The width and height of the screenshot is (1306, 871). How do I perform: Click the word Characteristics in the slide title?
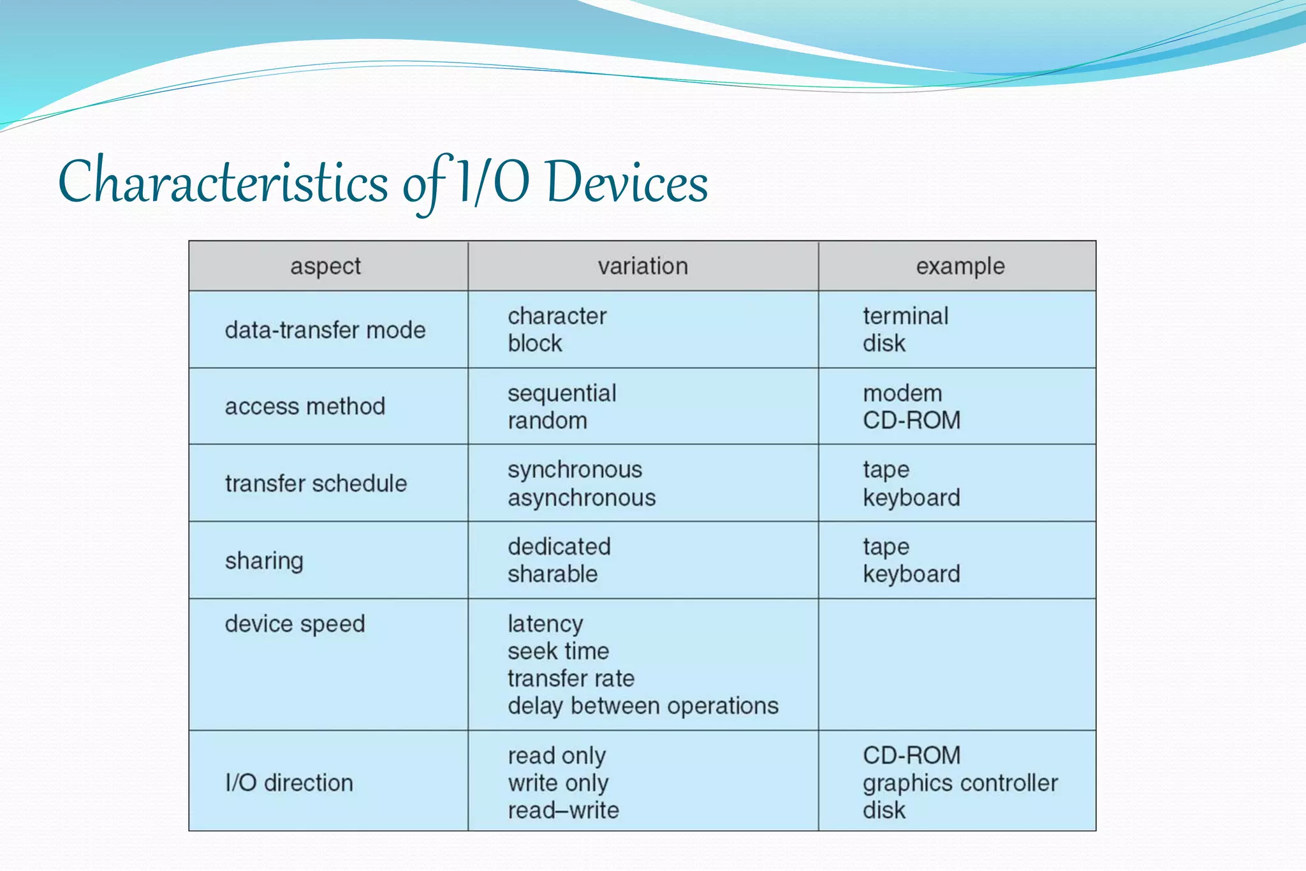tap(223, 182)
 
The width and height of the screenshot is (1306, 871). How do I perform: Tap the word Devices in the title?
tap(627, 182)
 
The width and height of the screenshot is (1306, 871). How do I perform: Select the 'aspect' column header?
tap(325, 266)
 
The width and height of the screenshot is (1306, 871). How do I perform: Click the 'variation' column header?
tap(643, 266)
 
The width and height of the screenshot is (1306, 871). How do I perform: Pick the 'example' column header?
tap(960, 266)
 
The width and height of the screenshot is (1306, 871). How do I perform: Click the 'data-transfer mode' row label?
tap(325, 330)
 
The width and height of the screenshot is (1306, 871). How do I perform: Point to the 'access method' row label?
tap(305, 406)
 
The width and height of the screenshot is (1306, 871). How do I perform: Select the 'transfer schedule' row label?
tap(316, 484)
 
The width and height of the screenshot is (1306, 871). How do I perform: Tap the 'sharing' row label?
tap(264, 561)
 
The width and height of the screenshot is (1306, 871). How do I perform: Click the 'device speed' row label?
tap(295, 623)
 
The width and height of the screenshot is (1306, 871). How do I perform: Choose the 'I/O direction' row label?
tap(289, 783)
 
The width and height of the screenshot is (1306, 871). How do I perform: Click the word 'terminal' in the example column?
tap(906, 316)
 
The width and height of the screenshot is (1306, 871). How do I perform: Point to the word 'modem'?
tap(902, 393)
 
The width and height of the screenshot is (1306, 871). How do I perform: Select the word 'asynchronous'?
tap(582, 498)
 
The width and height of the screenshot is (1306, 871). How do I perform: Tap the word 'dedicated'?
tap(559, 547)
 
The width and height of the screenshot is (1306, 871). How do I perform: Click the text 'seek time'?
tap(558, 651)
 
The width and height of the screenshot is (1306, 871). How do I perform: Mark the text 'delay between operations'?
tap(643, 706)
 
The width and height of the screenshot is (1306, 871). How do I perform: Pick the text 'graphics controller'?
tap(960, 783)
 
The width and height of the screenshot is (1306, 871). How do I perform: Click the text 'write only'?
tap(558, 783)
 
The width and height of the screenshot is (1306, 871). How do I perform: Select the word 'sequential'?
tap(562, 393)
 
